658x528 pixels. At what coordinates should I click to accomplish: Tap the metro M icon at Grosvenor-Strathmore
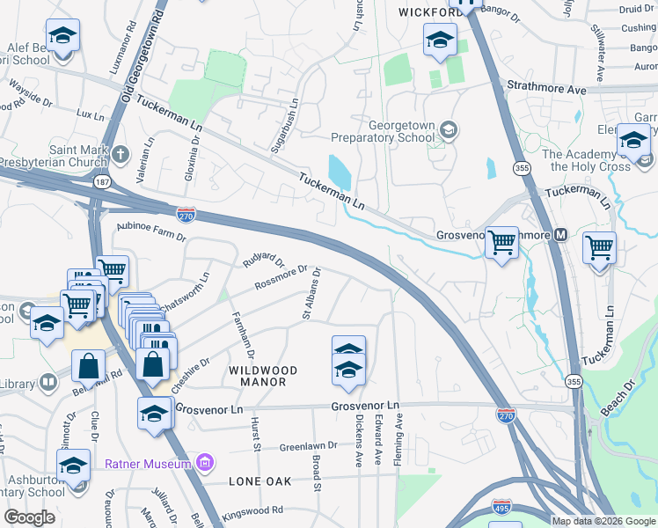click(560, 235)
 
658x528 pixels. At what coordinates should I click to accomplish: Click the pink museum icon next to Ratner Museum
click(205, 463)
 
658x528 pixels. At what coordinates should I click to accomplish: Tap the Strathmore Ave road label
click(547, 90)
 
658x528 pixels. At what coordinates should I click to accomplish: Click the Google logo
click(29, 517)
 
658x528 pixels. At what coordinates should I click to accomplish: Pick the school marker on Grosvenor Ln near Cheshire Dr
click(154, 412)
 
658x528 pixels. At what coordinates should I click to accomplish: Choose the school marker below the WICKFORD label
click(440, 40)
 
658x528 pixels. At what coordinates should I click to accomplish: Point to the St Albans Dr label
click(313, 294)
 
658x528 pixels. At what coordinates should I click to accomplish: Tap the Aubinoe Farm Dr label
click(151, 231)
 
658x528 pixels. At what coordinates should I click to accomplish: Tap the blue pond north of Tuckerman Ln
click(339, 172)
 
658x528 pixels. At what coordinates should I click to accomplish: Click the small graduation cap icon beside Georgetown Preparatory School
click(449, 132)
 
